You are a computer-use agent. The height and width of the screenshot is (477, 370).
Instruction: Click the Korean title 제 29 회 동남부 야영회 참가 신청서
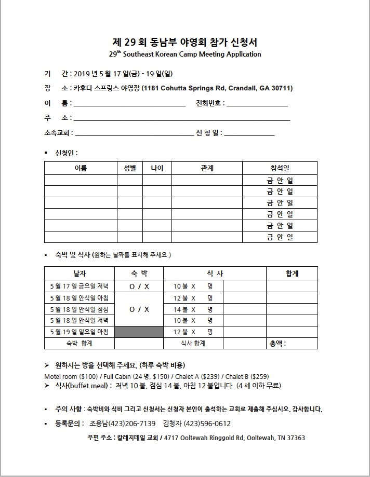point(184,42)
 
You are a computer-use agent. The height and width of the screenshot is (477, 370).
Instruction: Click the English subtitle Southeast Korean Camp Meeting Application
point(192,54)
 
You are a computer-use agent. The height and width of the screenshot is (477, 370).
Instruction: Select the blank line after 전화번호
point(257,104)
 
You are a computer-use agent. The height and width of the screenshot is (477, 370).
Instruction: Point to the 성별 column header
point(129,168)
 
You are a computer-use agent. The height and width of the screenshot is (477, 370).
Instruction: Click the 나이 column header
point(157,168)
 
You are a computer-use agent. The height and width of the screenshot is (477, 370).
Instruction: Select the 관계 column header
point(207,168)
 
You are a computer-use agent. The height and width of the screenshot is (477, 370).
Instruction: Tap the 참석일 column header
point(280,168)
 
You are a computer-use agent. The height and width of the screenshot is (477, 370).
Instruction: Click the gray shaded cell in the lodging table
point(139,332)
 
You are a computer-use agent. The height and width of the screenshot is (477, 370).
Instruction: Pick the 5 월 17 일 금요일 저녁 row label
point(79,286)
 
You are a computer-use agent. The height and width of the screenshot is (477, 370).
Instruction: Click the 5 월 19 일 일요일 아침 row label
point(79,332)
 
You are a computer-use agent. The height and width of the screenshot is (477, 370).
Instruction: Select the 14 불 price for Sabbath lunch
point(181,309)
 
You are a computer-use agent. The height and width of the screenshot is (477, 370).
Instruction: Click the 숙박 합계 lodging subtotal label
point(79,343)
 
